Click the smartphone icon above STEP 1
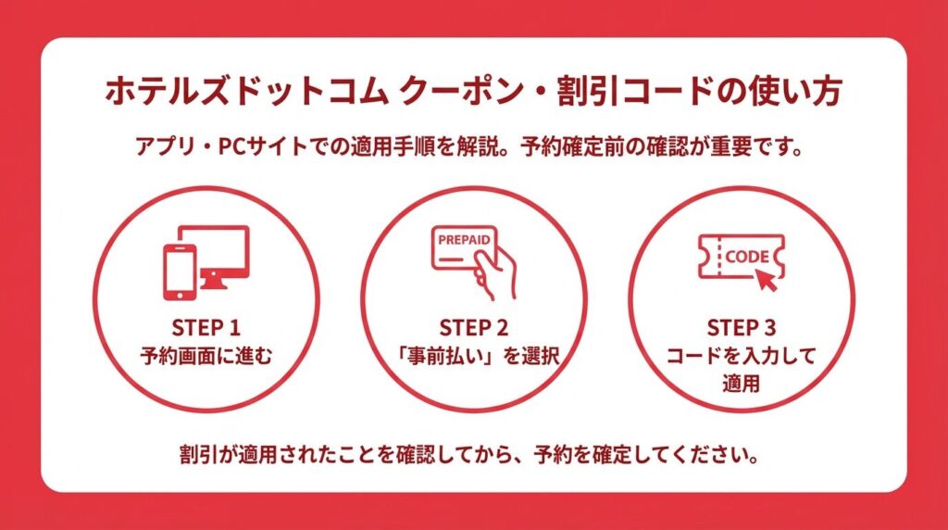[x=180, y=272]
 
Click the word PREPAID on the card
[x=465, y=240]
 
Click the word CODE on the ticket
[x=747, y=258]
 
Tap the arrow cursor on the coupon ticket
[x=767, y=280]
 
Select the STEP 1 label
[x=206, y=328]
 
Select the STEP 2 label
[x=474, y=328]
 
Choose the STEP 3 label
[x=742, y=328]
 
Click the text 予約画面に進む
[x=206, y=356]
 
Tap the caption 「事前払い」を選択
[x=474, y=356]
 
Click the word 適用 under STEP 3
[x=742, y=384]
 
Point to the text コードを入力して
[x=742, y=356]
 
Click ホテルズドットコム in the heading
[x=246, y=92]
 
